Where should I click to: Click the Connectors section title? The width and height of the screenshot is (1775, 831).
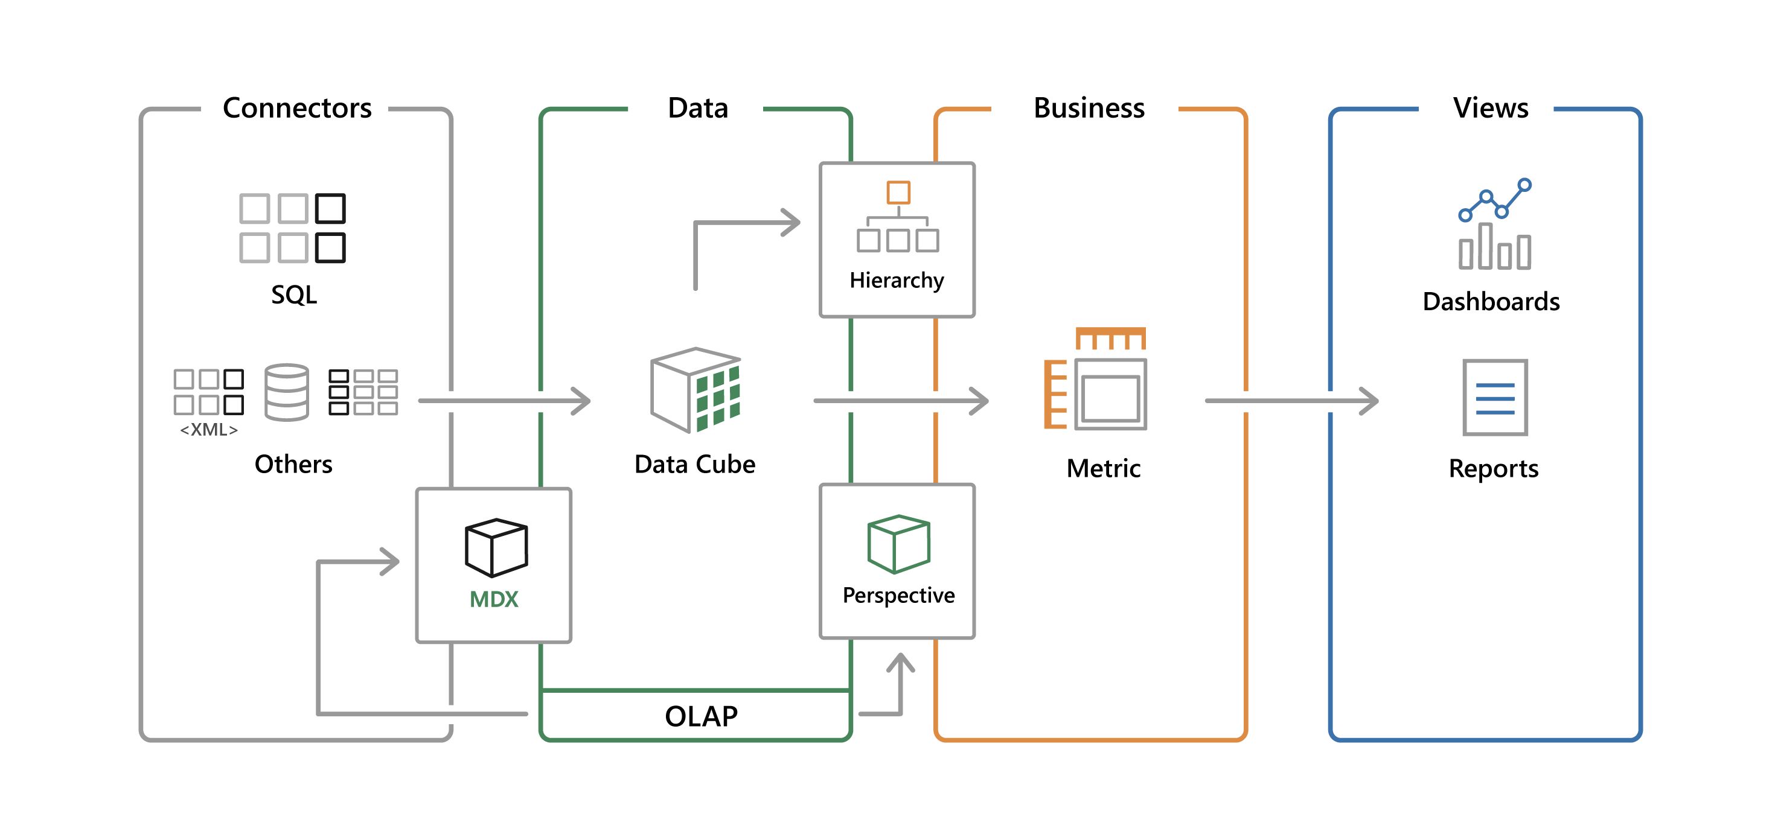click(297, 108)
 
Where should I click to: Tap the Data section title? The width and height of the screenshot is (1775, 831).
click(697, 108)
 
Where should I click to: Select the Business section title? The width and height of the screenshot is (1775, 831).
click(1089, 108)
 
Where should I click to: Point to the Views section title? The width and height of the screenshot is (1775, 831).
click(1491, 108)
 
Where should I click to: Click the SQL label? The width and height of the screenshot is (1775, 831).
click(294, 295)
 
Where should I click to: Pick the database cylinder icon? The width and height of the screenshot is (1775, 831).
click(287, 392)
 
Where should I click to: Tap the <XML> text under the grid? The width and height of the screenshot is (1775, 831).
click(209, 430)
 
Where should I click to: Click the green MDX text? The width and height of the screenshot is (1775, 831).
click(493, 599)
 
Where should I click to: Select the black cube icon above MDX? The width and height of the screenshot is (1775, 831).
click(496, 547)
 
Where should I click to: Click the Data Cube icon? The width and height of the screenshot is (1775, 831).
click(696, 390)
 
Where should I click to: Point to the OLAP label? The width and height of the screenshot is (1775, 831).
click(701, 716)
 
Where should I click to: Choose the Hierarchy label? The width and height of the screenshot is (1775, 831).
click(897, 280)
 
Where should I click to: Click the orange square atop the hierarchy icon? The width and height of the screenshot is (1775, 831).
click(898, 192)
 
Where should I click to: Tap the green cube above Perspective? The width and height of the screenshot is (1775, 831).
click(898, 544)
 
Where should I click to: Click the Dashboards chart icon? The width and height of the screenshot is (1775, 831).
click(1494, 224)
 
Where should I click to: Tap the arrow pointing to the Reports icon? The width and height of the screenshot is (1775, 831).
click(1292, 400)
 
